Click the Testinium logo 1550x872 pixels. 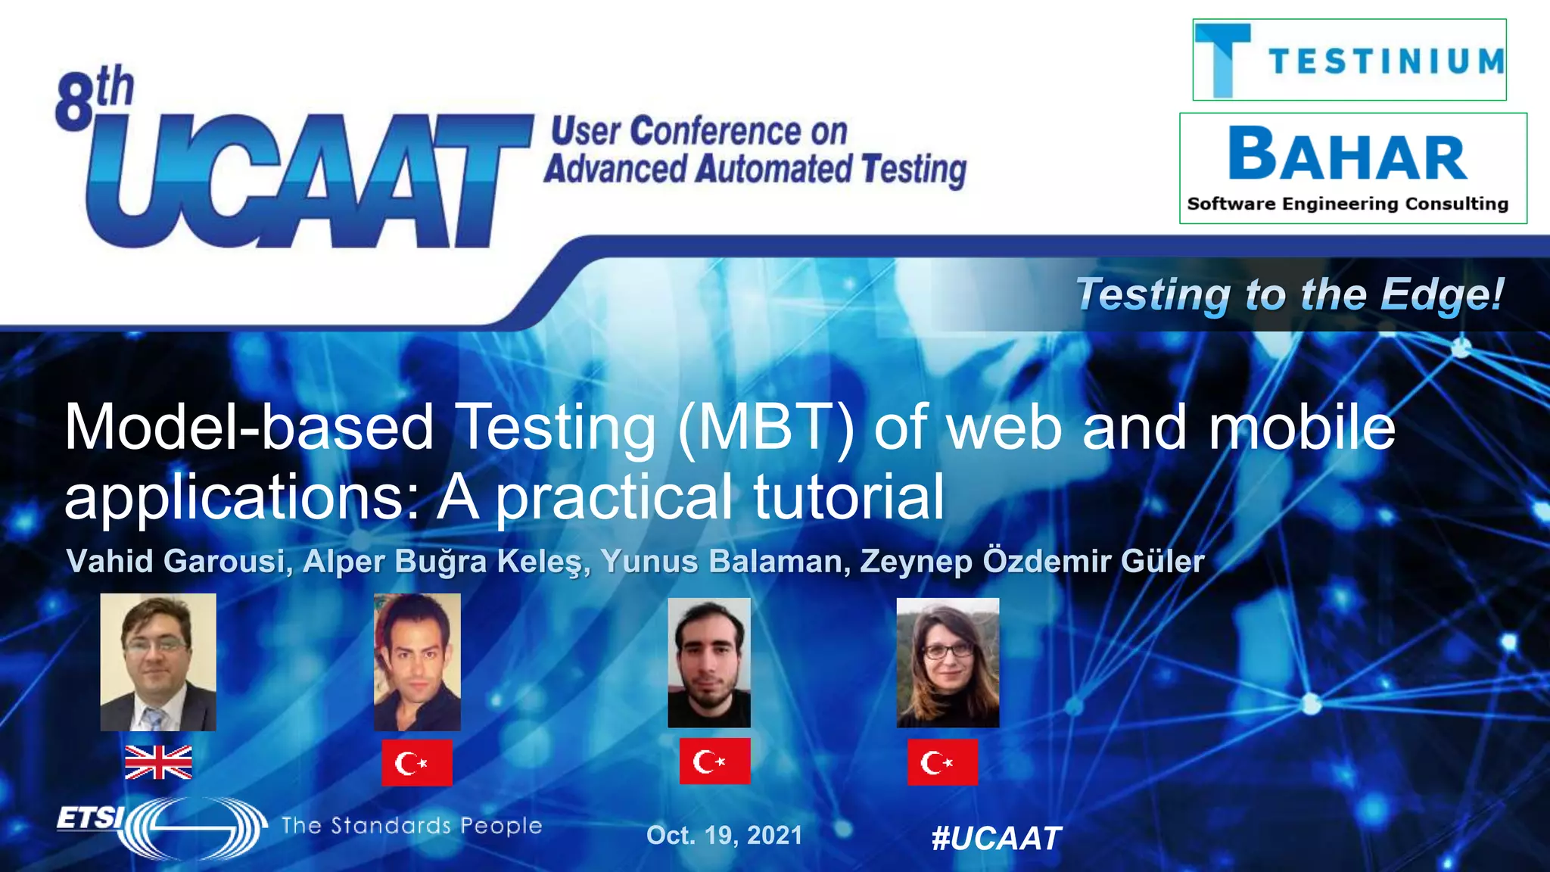tap(1349, 61)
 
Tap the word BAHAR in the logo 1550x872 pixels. tap(1348, 156)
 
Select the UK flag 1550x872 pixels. tap(158, 762)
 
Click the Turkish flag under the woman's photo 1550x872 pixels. tap(942, 762)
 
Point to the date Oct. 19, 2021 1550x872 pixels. tap(724, 835)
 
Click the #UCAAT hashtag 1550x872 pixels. tap(996, 838)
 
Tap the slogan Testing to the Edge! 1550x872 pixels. tap(1290, 294)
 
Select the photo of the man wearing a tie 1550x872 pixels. tap(158, 662)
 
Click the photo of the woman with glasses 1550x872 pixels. tap(948, 662)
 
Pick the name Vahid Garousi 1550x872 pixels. tap(179, 562)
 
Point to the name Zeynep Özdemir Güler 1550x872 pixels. tap(1032, 562)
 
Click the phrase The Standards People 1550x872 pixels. tap(412, 825)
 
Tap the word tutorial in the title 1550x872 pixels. tap(848, 497)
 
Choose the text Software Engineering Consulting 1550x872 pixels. tap(1348, 204)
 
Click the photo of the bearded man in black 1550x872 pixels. tap(709, 662)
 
